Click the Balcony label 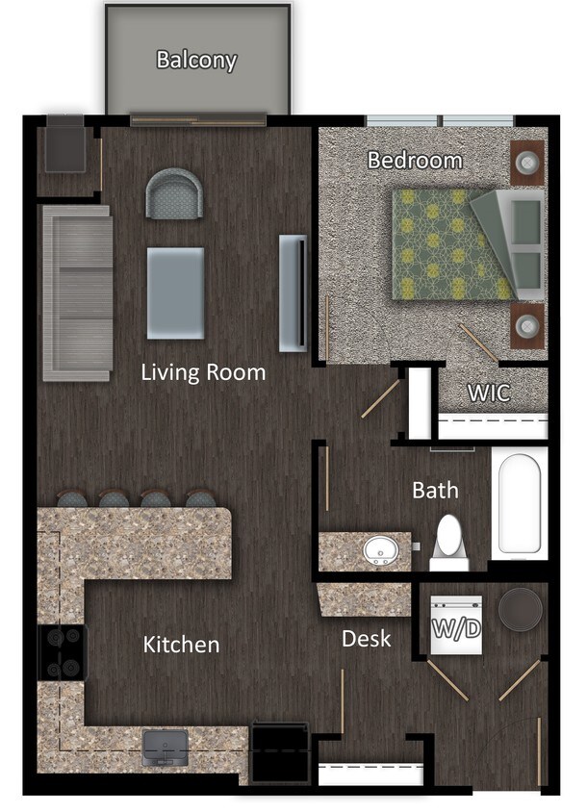point(196,61)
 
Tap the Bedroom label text point(415,160)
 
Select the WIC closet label point(489,393)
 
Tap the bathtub point(520,502)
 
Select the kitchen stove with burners point(62,652)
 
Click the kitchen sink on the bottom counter point(166,748)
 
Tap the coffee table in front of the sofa point(175,292)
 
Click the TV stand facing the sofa point(293,292)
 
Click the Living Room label point(203,371)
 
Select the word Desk point(367,638)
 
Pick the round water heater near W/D point(520,609)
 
